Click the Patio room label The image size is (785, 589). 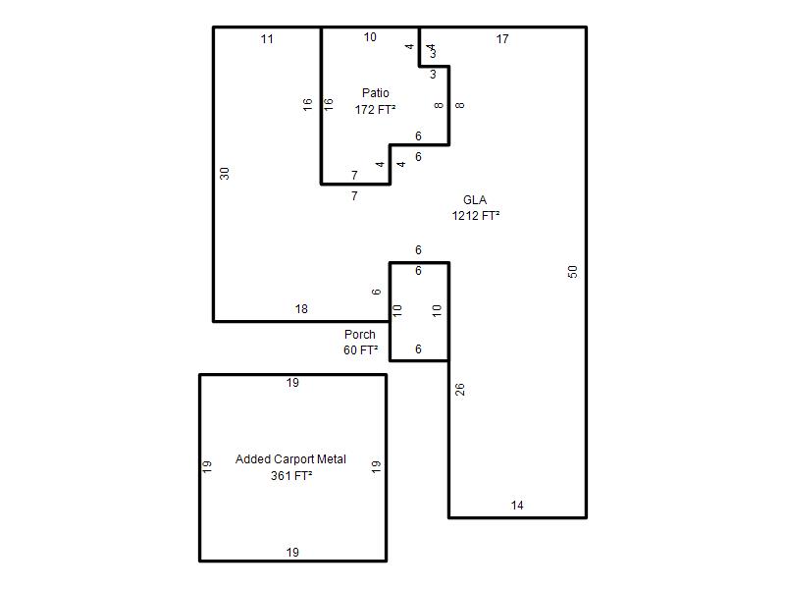click(376, 93)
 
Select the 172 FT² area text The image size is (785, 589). click(376, 109)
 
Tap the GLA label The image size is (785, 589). click(475, 200)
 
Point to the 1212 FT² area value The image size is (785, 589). click(476, 216)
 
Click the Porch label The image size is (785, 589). click(360, 335)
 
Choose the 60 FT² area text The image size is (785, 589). click(360, 350)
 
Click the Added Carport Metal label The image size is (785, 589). click(290, 459)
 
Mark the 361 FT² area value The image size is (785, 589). click(291, 476)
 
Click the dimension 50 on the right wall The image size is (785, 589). click(573, 272)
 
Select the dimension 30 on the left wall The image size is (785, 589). click(225, 174)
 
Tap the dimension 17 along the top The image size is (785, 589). click(502, 39)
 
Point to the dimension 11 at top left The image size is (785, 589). click(267, 39)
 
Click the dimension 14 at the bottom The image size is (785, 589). click(517, 506)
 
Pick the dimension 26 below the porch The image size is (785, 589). click(460, 389)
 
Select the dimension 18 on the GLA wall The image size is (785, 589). click(301, 309)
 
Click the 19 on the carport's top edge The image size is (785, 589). click(292, 383)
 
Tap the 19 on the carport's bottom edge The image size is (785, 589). click(292, 553)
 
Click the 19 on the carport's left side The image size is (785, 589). click(207, 467)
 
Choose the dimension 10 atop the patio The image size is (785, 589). click(370, 37)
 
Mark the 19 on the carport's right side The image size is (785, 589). click(376, 467)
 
